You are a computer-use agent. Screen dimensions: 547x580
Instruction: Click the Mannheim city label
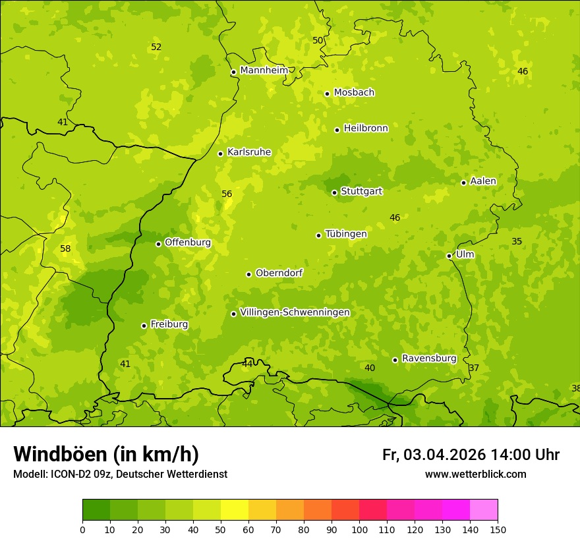coord(264,71)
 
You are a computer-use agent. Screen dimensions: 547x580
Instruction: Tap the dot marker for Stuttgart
coord(334,192)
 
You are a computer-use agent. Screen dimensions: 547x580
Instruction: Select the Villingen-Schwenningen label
coord(295,312)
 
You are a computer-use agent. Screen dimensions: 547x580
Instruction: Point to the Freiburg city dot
coord(144,326)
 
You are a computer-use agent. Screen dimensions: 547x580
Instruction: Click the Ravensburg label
coord(429,359)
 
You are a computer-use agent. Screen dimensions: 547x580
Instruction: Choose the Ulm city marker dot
coord(449,256)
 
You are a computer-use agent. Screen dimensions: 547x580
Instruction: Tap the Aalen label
coord(483,181)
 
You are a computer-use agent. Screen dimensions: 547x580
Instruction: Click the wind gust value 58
coord(65,249)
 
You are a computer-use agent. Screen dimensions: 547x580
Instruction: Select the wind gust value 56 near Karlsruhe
coord(227,194)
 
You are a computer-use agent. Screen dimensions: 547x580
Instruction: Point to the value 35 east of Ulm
coord(517,242)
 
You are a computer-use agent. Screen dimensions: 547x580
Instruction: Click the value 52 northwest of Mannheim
coord(156,47)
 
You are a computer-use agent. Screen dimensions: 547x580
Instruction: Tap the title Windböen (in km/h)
coord(106,454)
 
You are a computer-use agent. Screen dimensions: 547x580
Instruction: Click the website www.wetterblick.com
coord(475,475)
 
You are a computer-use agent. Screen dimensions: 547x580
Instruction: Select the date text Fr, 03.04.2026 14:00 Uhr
coord(471,455)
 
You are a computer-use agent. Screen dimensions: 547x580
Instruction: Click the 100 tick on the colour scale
coord(359,529)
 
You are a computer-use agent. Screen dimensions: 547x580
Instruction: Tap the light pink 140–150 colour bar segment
coord(484,510)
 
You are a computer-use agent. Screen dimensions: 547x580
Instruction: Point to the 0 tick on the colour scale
coord(82,529)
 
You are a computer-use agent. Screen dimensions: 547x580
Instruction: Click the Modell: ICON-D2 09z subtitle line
coord(120,475)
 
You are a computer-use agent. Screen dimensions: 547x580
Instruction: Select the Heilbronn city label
coord(366,129)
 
